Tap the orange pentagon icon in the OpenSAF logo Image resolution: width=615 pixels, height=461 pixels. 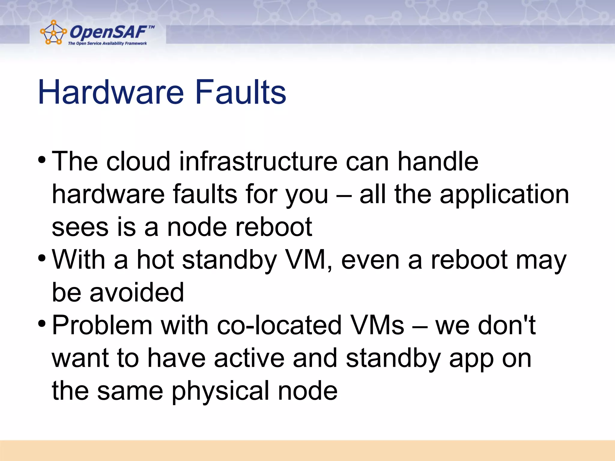click(53, 32)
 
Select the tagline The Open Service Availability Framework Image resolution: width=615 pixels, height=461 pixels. click(107, 44)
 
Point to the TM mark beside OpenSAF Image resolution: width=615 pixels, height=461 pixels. click(151, 27)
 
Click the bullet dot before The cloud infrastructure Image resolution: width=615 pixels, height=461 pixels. click(42, 159)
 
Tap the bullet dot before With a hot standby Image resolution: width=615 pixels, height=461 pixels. click(42, 258)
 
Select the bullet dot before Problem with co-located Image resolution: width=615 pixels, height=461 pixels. click(42, 324)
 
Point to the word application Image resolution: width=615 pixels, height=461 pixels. click(504, 195)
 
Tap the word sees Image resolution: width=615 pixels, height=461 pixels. click(80, 227)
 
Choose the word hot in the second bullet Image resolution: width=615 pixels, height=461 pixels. click(155, 260)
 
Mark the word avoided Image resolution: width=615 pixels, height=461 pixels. click(137, 292)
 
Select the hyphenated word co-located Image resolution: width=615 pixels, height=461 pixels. click(279, 325)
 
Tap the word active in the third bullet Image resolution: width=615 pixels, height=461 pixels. click(249, 358)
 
